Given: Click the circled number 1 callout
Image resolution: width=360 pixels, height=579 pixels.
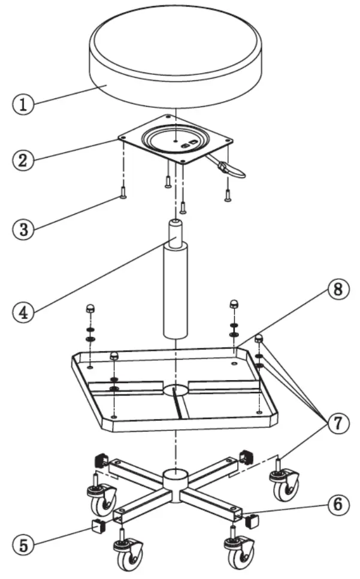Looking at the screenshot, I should coord(22,104).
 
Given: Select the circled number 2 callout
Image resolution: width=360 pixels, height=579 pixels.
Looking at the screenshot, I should coord(22,161).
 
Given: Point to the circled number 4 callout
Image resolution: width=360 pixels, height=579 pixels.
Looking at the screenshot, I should coord(22,312).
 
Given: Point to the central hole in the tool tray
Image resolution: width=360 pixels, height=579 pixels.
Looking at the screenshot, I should coord(176,390).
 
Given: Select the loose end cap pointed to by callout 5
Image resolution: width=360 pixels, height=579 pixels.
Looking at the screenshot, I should coord(97,527).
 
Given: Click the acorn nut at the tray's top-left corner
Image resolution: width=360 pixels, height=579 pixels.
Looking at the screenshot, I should coord(89,308).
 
